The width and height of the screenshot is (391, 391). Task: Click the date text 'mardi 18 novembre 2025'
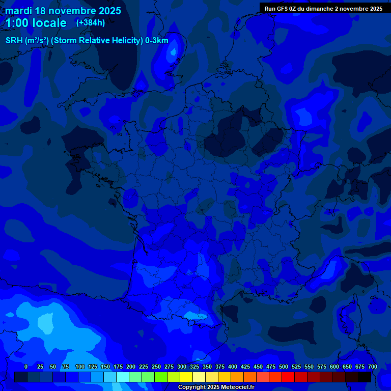63,11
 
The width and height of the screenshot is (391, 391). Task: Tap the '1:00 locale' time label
36,23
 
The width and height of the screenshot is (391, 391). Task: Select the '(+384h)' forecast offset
91,23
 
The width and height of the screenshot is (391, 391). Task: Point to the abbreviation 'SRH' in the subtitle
15,41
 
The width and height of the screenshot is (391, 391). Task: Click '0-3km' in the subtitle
156,41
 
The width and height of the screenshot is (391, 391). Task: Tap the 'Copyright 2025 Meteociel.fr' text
216,387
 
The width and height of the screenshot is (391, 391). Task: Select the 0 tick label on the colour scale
26,367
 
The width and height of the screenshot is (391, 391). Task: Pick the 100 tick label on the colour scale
80,367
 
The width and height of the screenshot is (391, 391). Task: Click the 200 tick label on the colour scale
131,367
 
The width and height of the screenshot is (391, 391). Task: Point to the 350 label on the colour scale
207,367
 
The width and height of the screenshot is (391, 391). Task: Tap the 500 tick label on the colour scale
284,367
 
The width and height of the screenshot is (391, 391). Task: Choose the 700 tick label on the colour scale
372,367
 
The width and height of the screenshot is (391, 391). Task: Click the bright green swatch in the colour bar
161,377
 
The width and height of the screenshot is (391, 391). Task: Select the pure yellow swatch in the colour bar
186,377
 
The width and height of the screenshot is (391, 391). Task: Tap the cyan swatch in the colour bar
123,377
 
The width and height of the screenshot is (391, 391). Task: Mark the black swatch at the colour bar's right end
365,377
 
